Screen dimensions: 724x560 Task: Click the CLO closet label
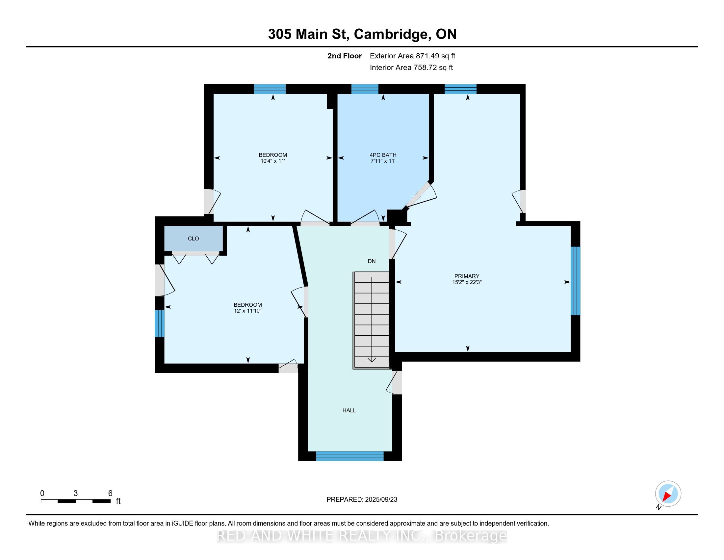[x=193, y=238]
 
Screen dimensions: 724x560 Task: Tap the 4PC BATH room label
[x=383, y=155]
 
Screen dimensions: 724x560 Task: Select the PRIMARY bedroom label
[x=467, y=276]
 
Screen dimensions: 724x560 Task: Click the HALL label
[x=349, y=410]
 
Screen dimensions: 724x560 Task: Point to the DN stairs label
[x=372, y=261]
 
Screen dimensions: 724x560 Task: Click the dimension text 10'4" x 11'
[x=273, y=161]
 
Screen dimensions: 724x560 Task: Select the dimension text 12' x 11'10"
[x=247, y=311]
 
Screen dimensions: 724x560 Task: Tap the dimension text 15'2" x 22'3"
[x=467, y=282]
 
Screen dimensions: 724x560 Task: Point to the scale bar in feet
[x=76, y=501]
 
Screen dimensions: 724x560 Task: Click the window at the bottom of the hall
[x=350, y=456]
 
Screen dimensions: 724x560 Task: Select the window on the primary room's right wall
[x=576, y=281]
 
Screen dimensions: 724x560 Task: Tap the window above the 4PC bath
[x=365, y=89]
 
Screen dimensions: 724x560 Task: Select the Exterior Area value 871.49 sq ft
[x=436, y=56]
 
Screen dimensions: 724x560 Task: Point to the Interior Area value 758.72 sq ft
[x=433, y=68]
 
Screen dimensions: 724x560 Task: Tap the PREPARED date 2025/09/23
[x=380, y=500]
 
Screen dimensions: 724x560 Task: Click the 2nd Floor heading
[x=345, y=56]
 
